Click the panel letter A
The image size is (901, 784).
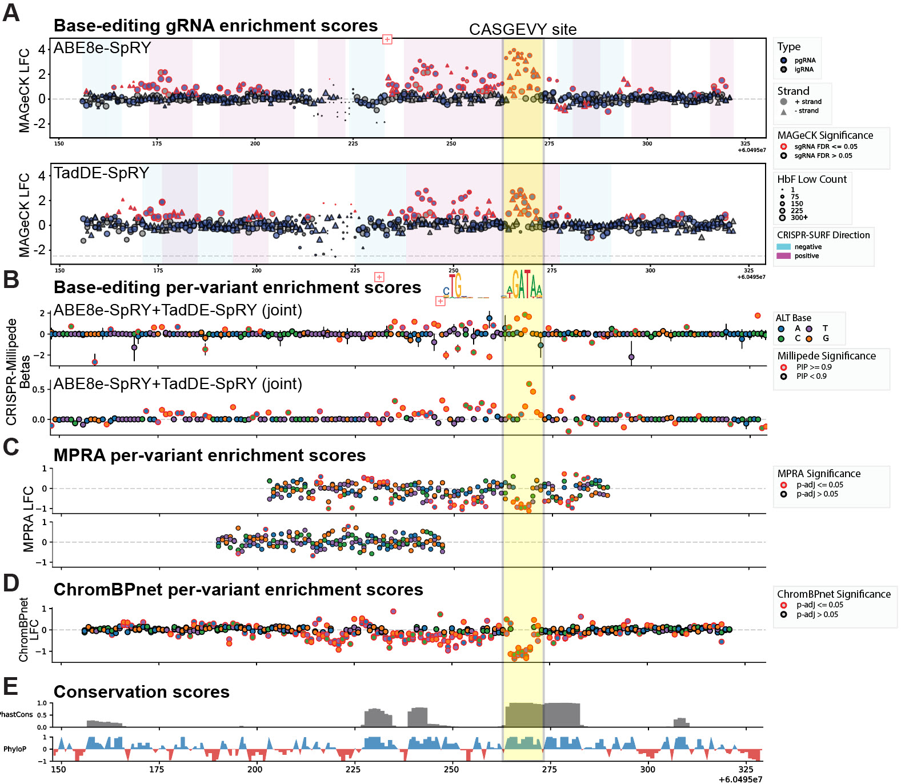[11, 13]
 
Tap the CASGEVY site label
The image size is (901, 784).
[522, 30]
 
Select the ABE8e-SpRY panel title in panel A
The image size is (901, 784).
[102, 48]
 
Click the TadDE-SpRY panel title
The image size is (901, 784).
[101, 173]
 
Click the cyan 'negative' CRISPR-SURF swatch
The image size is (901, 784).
[783, 247]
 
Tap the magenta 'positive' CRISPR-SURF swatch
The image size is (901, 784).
[783, 256]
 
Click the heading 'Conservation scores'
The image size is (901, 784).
[141, 692]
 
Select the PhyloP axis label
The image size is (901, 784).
[15, 749]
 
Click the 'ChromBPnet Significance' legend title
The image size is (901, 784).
[834, 594]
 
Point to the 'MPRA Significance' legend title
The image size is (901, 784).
[818, 474]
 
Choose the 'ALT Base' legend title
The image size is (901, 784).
[793, 318]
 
